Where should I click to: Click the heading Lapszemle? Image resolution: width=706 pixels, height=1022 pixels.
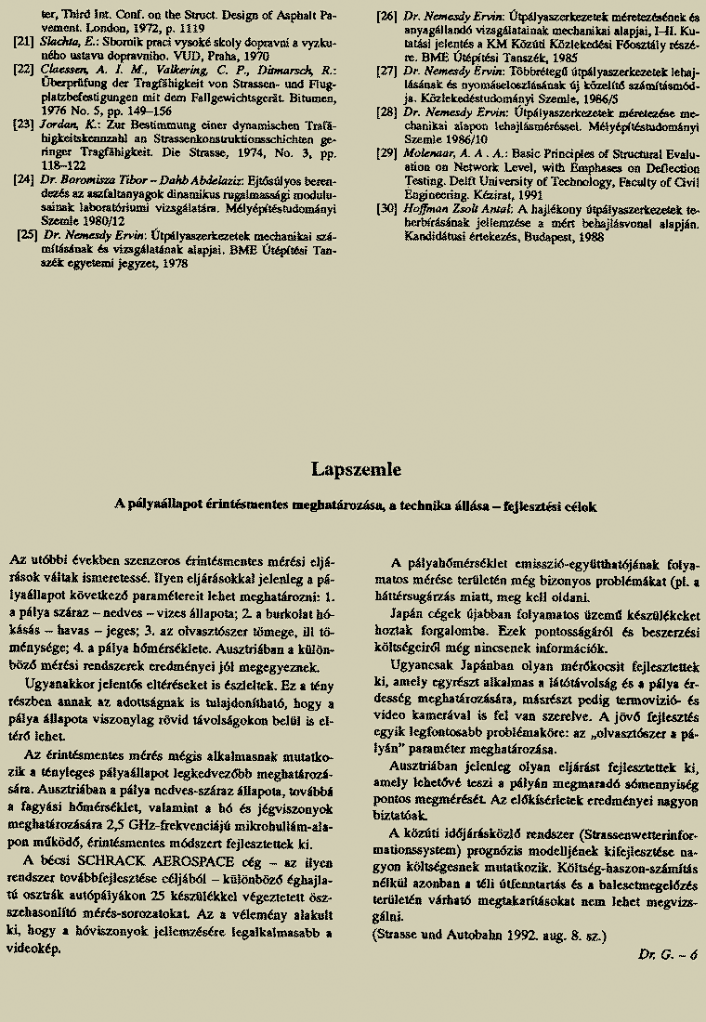click(356, 470)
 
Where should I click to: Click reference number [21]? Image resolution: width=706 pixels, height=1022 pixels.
click(24, 42)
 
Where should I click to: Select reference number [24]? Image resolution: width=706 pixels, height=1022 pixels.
click(24, 177)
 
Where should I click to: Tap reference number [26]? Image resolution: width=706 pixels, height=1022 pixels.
click(386, 15)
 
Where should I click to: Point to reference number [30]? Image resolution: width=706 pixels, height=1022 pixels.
click(386, 209)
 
